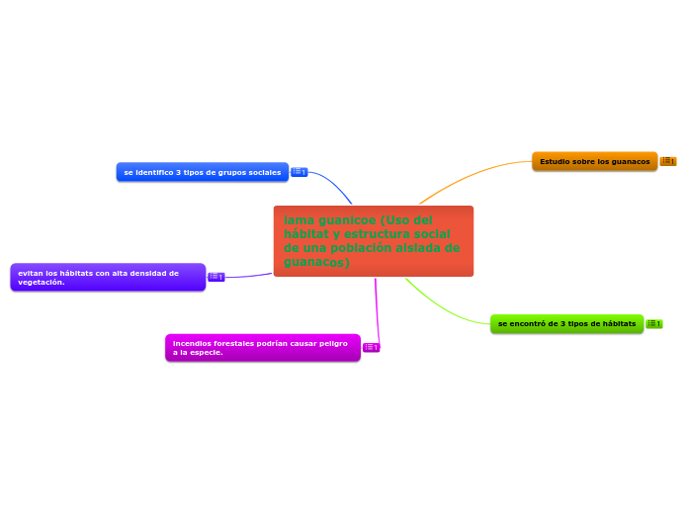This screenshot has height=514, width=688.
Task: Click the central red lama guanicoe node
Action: [373, 241]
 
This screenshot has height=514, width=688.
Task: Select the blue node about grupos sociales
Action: [203, 172]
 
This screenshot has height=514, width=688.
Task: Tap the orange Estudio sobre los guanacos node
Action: [594, 161]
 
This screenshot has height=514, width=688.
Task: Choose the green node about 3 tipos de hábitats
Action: [566, 323]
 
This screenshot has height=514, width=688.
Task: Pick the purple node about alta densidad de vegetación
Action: [108, 277]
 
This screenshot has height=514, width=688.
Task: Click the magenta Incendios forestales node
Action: [262, 347]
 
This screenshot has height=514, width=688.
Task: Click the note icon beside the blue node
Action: [299, 172]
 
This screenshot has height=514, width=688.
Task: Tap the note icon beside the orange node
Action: [668, 161]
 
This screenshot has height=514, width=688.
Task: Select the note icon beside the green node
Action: [654, 323]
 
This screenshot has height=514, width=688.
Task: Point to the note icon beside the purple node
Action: [216, 277]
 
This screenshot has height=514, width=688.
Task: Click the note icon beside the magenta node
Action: [372, 347]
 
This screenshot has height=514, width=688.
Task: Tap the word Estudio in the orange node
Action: [556, 161]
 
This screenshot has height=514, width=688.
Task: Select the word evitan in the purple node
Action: [30, 273]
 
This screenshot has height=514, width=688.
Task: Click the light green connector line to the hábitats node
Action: [445, 311]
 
